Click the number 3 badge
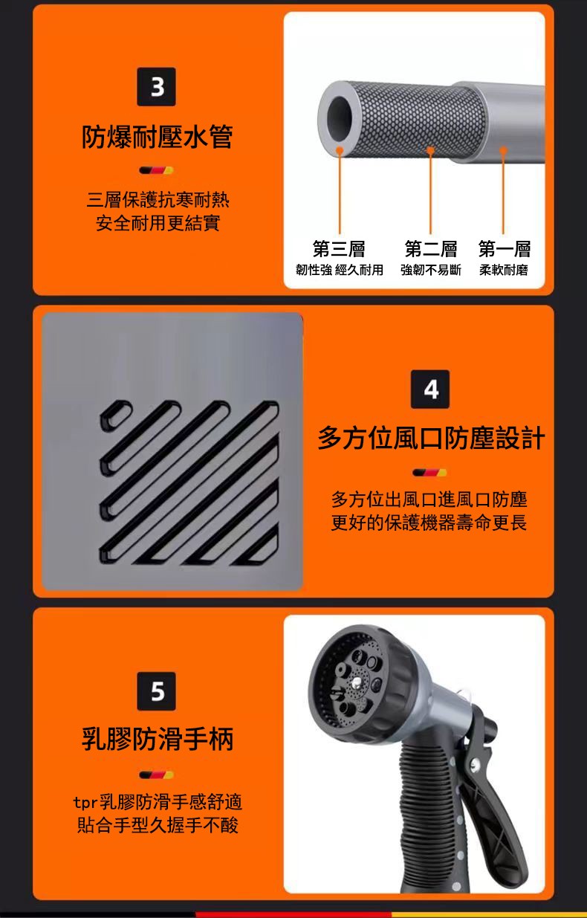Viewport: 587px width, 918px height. pyautogui.click(x=156, y=87)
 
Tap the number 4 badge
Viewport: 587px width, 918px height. pyautogui.click(x=430, y=389)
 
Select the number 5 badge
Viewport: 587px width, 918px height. pyautogui.click(x=156, y=691)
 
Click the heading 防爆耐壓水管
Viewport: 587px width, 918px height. pyautogui.click(x=158, y=137)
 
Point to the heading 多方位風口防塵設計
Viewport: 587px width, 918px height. pyautogui.click(x=431, y=438)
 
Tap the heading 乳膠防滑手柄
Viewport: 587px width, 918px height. pyautogui.click(x=158, y=739)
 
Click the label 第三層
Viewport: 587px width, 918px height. pyautogui.click(x=339, y=249)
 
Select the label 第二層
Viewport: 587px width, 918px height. pyautogui.click(x=431, y=249)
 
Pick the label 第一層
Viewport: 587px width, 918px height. pyautogui.click(x=505, y=249)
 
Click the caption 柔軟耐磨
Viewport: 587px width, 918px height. pyautogui.click(x=504, y=270)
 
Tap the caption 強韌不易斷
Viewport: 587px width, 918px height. pyautogui.click(x=431, y=270)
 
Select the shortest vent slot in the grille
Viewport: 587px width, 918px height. pyautogui.click(x=117, y=416)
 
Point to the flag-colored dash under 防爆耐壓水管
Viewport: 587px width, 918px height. pyautogui.click(x=156, y=170)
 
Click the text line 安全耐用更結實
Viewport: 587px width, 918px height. pyautogui.click(x=158, y=223)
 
